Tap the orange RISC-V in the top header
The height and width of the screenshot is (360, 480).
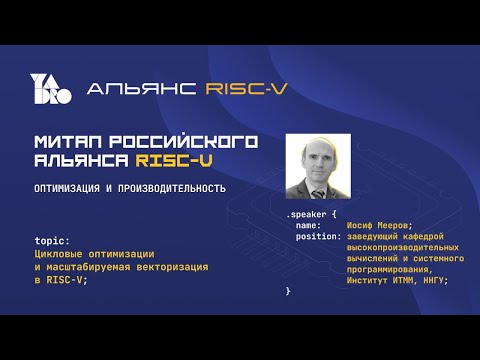[x=245, y=89]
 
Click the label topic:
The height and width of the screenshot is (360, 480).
[x=51, y=241]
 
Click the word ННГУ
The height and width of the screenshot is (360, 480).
[x=432, y=279]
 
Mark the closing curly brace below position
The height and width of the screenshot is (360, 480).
[x=288, y=291]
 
